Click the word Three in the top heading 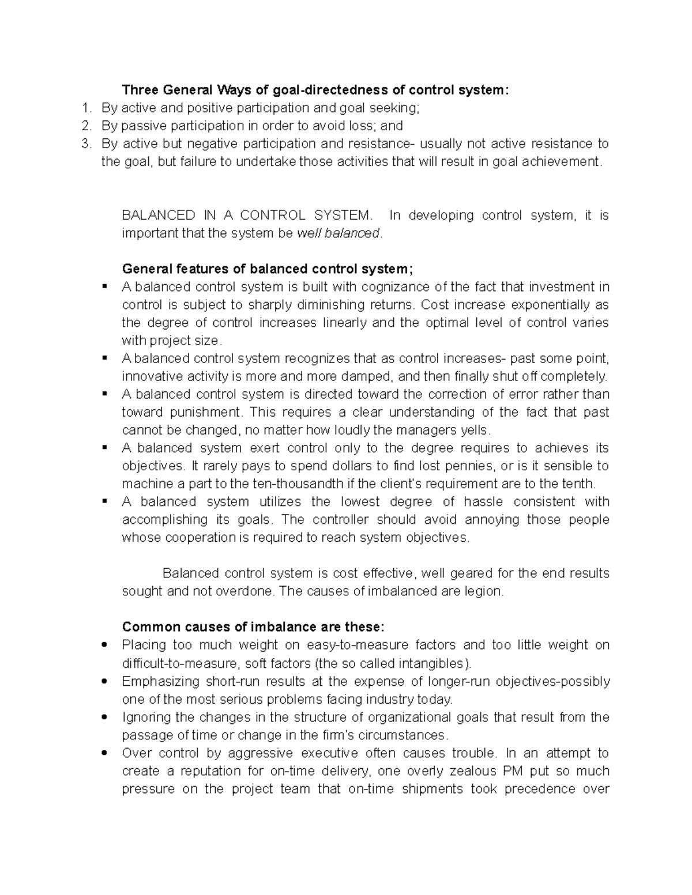click(140, 90)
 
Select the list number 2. click(86, 126)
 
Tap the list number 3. click(86, 143)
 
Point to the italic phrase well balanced click(338, 233)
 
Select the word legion click(484, 591)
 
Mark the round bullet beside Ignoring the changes click(104, 717)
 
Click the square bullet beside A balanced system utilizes click(104, 501)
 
